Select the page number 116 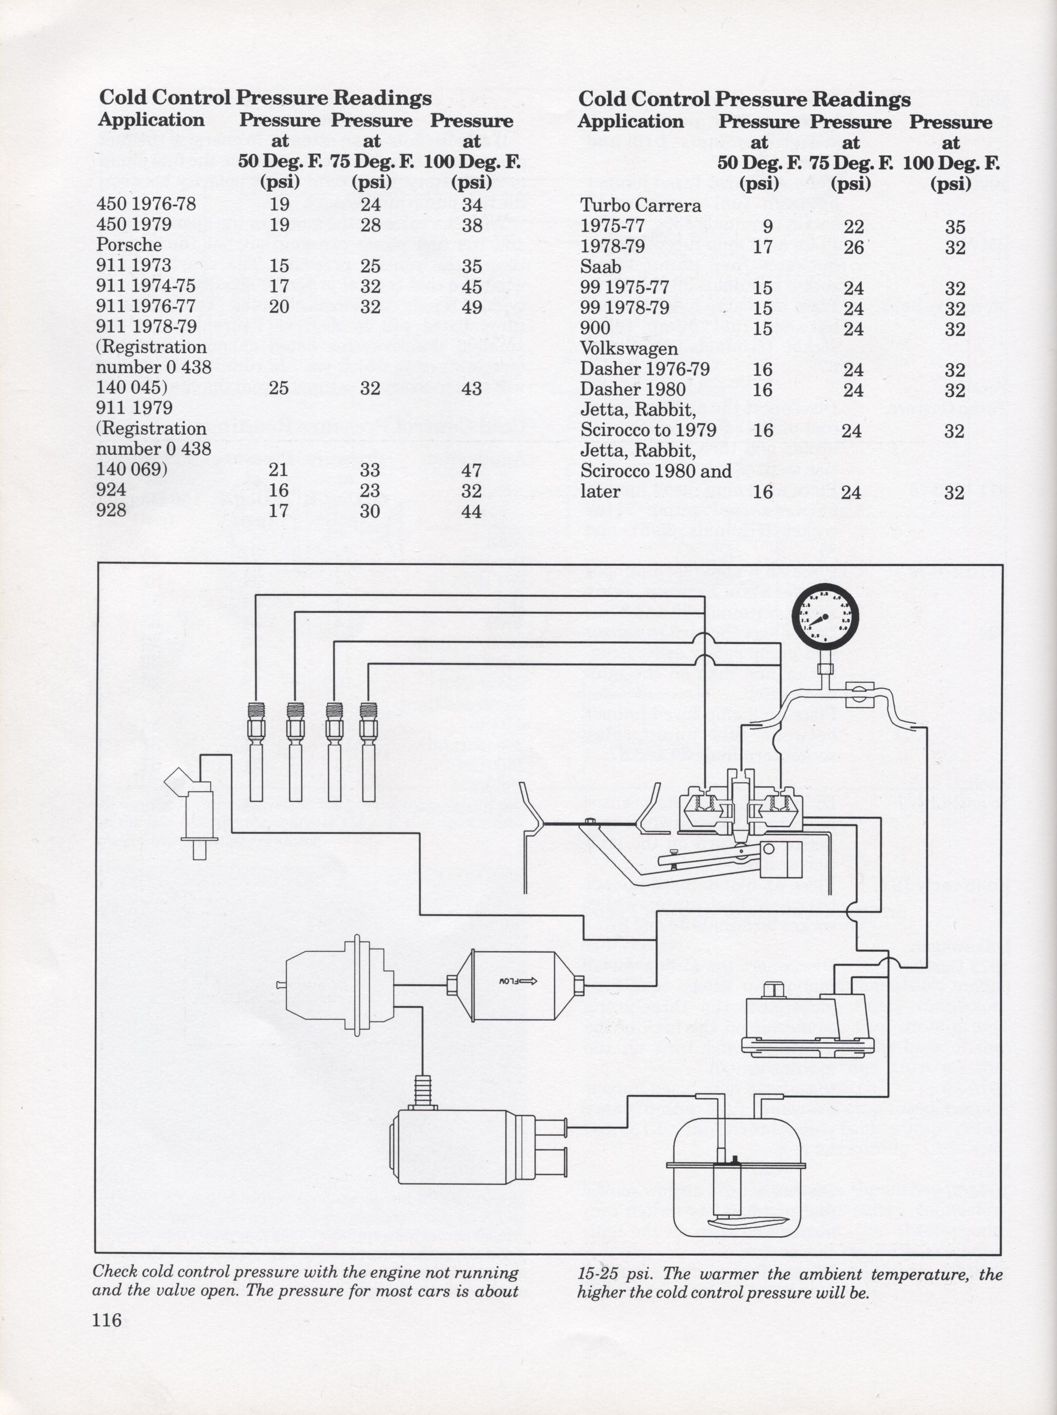point(107,1319)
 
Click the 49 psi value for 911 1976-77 point(471,307)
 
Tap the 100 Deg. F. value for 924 point(471,491)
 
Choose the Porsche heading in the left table point(129,245)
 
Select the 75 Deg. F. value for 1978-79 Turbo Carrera point(854,247)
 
